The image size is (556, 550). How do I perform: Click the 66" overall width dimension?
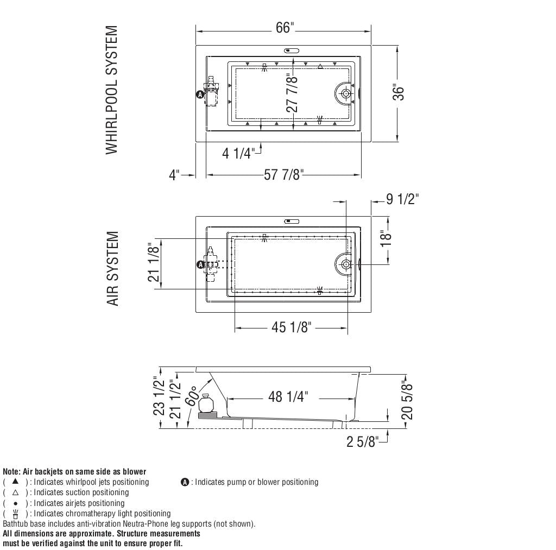coord(284,28)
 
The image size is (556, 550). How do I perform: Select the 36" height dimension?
coord(399,93)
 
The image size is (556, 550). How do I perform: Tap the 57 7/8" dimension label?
coord(283,175)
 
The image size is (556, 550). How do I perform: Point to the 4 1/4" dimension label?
coord(238,154)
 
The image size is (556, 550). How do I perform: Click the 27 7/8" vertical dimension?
coord(293,93)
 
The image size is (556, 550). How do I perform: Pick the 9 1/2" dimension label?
coord(402,199)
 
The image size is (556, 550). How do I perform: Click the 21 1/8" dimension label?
coord(154,264)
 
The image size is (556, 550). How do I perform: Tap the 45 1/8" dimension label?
coord(292,328)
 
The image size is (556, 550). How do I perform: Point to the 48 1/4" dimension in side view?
coord(288,397)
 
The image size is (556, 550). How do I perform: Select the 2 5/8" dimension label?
coord(362,442)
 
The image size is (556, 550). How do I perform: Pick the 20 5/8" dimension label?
coord(407,401)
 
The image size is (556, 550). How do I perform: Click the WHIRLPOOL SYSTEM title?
coord(111,90)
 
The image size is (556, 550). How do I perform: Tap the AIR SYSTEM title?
coord(112,268)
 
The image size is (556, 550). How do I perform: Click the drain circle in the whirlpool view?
coord(346,93)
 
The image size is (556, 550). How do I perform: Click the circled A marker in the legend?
coord(185,482)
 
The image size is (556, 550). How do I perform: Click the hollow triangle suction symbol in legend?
coord(15,492)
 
